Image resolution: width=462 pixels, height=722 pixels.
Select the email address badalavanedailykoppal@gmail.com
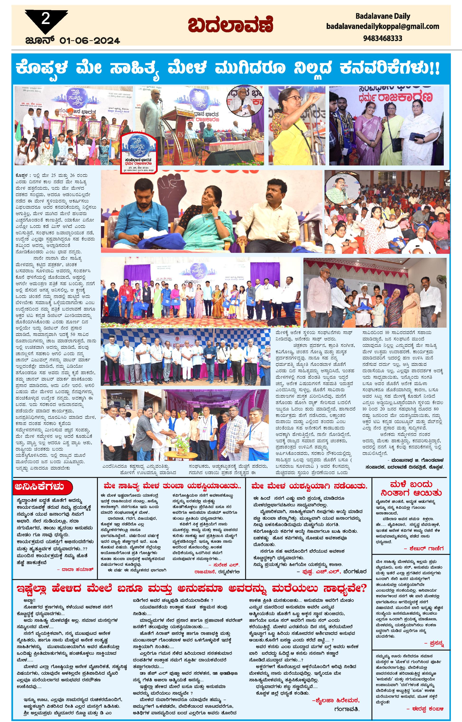pos(383,26)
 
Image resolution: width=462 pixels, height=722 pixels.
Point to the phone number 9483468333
pos(383,38)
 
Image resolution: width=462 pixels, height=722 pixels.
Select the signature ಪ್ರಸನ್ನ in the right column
pos(434,643)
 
